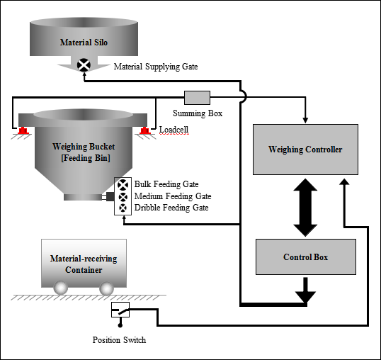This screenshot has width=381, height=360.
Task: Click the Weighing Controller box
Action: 305,150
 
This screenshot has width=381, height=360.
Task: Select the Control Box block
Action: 306,257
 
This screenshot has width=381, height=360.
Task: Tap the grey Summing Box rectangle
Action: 197,98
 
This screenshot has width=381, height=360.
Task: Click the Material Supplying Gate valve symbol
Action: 84,65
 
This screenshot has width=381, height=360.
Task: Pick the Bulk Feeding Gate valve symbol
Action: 123,185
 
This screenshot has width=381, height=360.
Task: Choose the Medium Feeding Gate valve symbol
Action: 123,197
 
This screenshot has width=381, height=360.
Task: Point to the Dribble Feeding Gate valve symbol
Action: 123,208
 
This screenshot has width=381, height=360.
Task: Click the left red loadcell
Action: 23,130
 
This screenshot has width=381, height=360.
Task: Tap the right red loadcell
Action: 145,130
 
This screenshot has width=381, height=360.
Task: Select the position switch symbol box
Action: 120,310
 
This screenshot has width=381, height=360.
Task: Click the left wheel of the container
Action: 61,288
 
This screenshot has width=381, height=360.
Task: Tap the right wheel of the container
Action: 106,288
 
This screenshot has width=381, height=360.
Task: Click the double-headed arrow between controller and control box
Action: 305,208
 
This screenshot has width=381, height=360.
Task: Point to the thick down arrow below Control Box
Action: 305,290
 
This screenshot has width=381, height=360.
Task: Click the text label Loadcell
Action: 174,130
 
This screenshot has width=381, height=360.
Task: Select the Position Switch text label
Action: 119,340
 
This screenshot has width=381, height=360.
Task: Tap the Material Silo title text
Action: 84,43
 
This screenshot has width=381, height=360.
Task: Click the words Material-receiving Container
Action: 84,264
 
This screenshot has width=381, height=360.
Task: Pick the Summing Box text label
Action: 198,113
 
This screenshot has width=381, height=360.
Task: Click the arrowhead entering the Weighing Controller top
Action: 305,120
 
